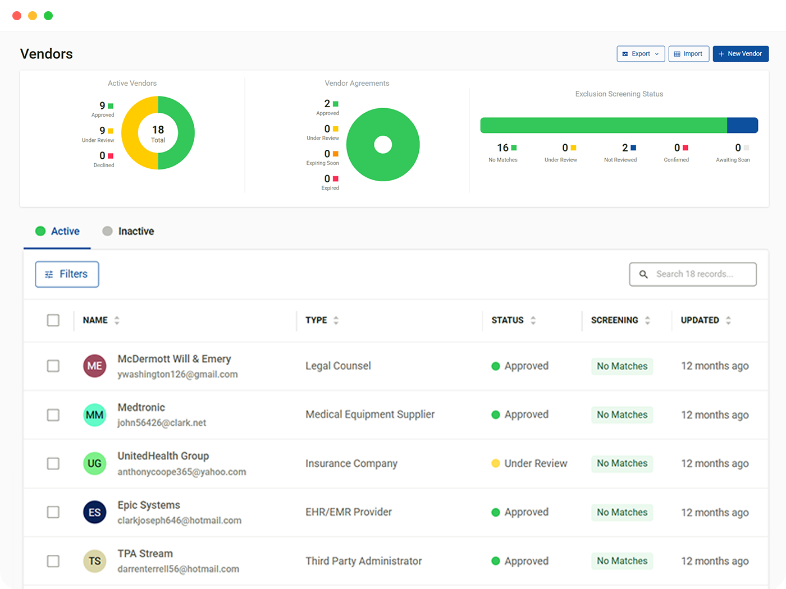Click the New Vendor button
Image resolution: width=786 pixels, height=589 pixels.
pos(740,54)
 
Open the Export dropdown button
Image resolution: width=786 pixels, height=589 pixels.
pos(640,54)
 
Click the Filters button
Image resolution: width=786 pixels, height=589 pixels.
pos(67,274)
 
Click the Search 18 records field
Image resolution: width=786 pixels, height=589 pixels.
pos(693,274)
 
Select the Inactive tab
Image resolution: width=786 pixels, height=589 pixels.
pos(128,231)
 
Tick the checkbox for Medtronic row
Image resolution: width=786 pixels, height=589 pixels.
pos(53,415)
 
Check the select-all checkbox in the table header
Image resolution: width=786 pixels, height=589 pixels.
pos(53,320)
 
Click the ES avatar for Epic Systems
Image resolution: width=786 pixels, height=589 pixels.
pos(94,512)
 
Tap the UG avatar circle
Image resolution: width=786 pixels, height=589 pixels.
pos(94,463)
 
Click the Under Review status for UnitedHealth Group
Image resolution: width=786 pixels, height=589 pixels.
pos(529,463)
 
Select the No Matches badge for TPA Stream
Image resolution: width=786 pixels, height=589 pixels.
pos(622,561)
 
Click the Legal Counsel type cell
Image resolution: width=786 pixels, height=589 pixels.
pos(338,366)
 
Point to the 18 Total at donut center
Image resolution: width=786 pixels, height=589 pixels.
pos(158,134)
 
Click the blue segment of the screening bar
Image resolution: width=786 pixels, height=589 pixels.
pos(742,125)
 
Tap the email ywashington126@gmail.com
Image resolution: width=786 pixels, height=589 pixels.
pos(177,374)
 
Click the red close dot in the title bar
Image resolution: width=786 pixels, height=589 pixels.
pos(17,16)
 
